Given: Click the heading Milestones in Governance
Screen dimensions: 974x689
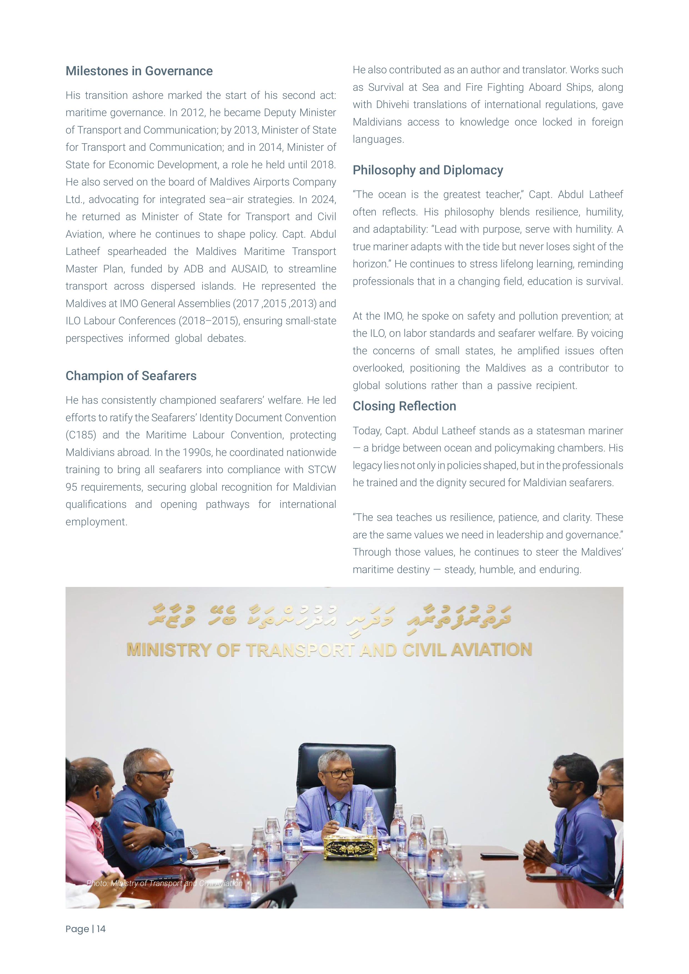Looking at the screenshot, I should tap(139, 71).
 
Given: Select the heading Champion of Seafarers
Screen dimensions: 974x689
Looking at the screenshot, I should tap(131, 376).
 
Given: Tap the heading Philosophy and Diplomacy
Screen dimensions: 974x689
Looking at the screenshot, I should tap(428, 170).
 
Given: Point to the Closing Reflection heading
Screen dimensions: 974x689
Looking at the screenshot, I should tap(404, 406).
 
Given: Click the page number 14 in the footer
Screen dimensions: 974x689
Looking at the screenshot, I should tap(101, 929).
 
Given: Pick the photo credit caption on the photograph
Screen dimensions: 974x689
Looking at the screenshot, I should tap(165, 883).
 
